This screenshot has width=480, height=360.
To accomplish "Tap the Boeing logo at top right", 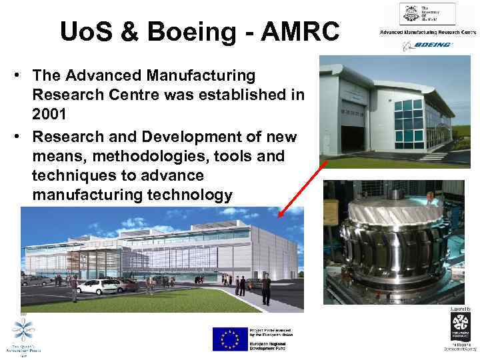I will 427,45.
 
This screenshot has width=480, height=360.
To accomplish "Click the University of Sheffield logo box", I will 427,14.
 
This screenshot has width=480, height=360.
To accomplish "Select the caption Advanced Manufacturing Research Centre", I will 427,32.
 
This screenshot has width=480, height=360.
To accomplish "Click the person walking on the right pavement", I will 267,289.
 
